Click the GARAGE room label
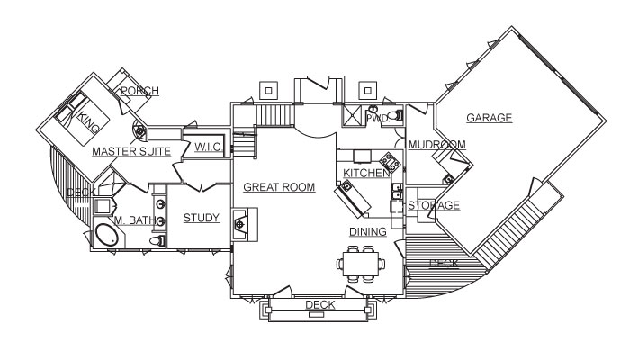pyautogui.click(x=489, y=118)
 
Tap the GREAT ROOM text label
pyautogui.click(x=279, y=187)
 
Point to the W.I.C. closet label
pyautogui.click(x=208, y=148)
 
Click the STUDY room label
pyautogui.click(x=201, y=218)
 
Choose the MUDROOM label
pyautogui.click(x=436, y=145)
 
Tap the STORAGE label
pyautogui.click(x=434, y=206)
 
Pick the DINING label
pyautogui.click(x=368, y=231)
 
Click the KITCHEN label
pyautogui.click(x=366, y=172)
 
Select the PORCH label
pyautogui.click(x=139, y=90)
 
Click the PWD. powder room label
pyautogui.click(x=379, y=118)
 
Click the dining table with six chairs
pyautogui.click(x=362, y=264)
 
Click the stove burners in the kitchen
pyautogui.click(x=391, y=162)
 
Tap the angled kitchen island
pyautogui.click(x=353, y=198)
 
